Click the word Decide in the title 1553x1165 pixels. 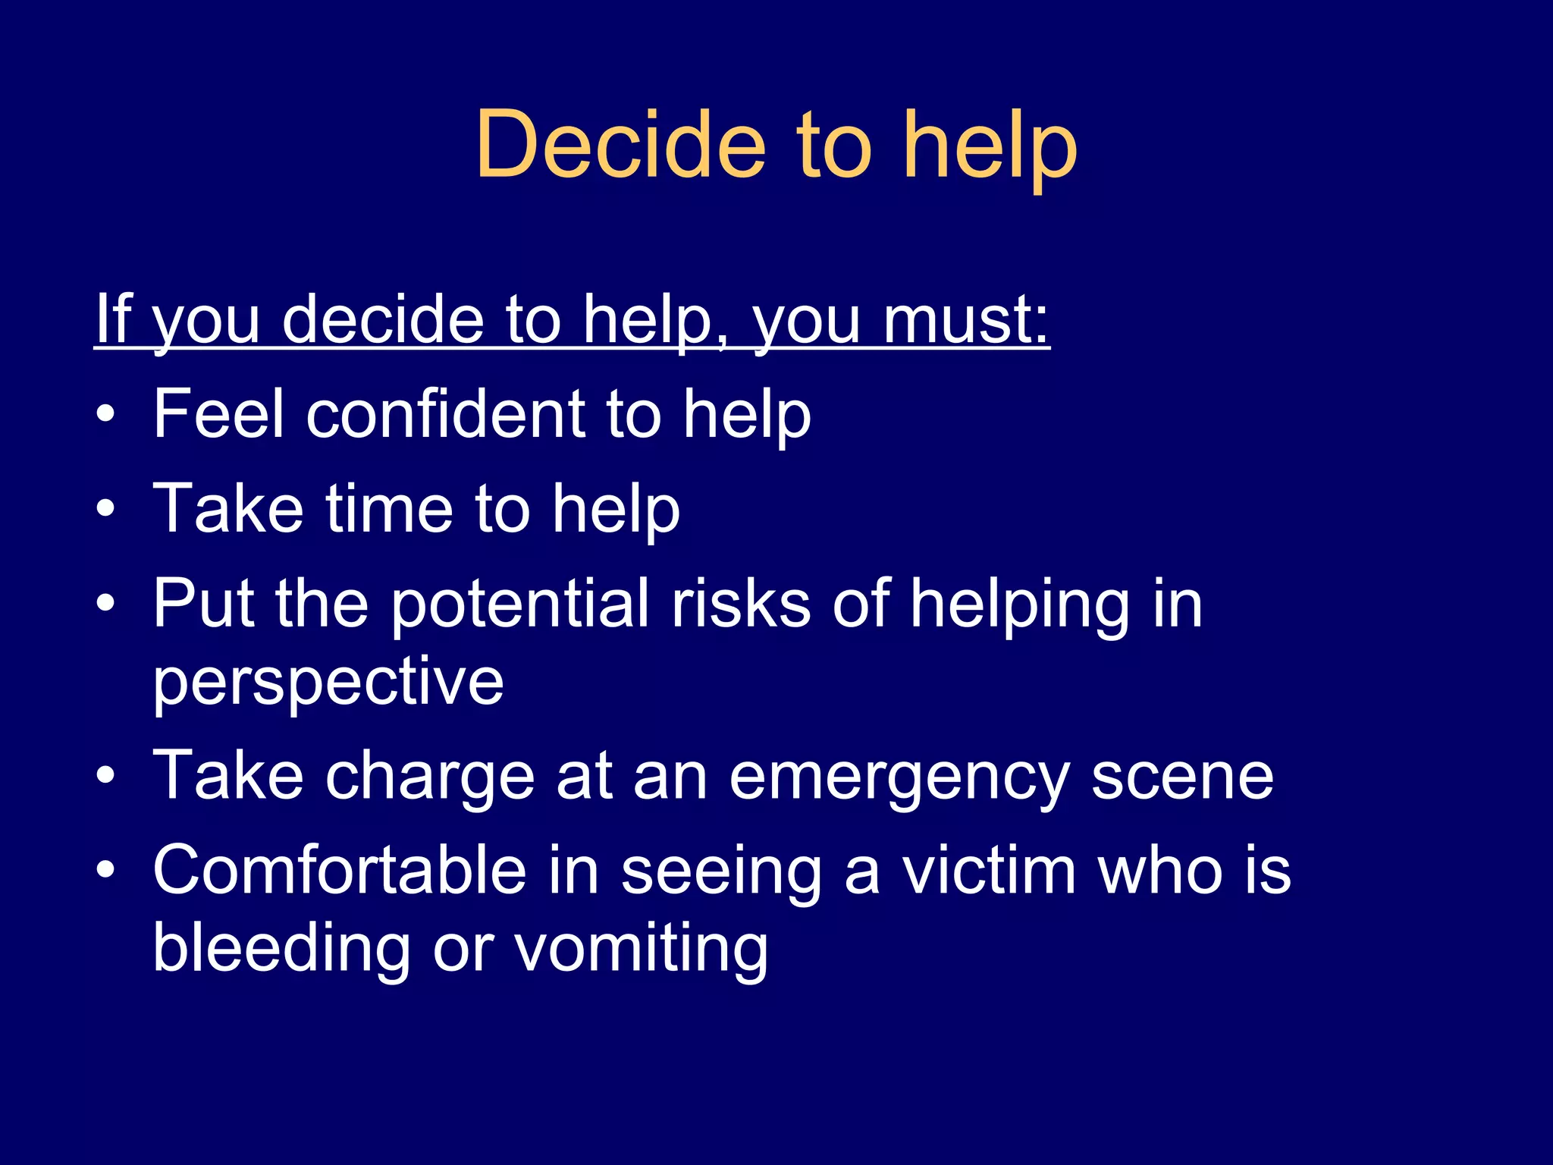coord(621,144)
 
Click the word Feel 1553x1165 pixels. coord(219,414)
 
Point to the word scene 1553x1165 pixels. coord(1182,776)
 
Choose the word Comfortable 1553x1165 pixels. coord(340,871)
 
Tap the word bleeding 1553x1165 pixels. coord(281,948)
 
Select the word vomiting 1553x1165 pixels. coord(642,948)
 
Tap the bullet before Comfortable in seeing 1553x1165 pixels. coord(106,871)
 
